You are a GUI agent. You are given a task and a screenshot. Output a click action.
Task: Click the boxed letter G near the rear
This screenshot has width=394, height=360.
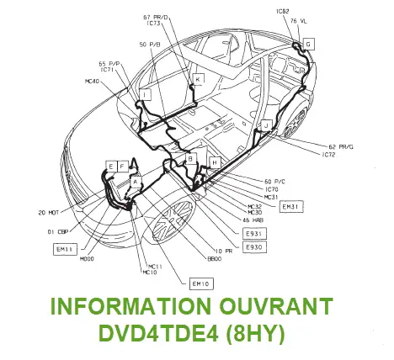(308, 43)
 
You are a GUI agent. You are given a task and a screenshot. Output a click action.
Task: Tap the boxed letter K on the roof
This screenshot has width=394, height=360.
(198, 79)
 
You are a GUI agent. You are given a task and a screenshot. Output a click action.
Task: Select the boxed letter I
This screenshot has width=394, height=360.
(145, 96)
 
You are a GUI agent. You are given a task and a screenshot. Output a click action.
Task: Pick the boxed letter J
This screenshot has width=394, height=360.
(265, 125)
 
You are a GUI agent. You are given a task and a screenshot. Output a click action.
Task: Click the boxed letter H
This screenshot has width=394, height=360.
(215, 161)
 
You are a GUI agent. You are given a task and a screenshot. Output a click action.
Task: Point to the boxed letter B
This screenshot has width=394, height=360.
(190, 158)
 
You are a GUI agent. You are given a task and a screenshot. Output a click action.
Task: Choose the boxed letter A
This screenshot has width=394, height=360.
(135, 181)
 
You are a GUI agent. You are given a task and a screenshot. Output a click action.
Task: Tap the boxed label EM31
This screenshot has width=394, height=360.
(290, 206)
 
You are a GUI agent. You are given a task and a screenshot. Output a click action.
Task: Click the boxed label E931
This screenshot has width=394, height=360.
(253, 233)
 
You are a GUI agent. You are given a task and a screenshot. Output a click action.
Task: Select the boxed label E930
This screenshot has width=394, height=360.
(253, 247)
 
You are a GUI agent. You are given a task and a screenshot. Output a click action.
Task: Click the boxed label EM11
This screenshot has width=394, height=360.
(66, 249)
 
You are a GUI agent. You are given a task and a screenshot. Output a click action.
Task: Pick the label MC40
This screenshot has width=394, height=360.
(93, 82)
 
